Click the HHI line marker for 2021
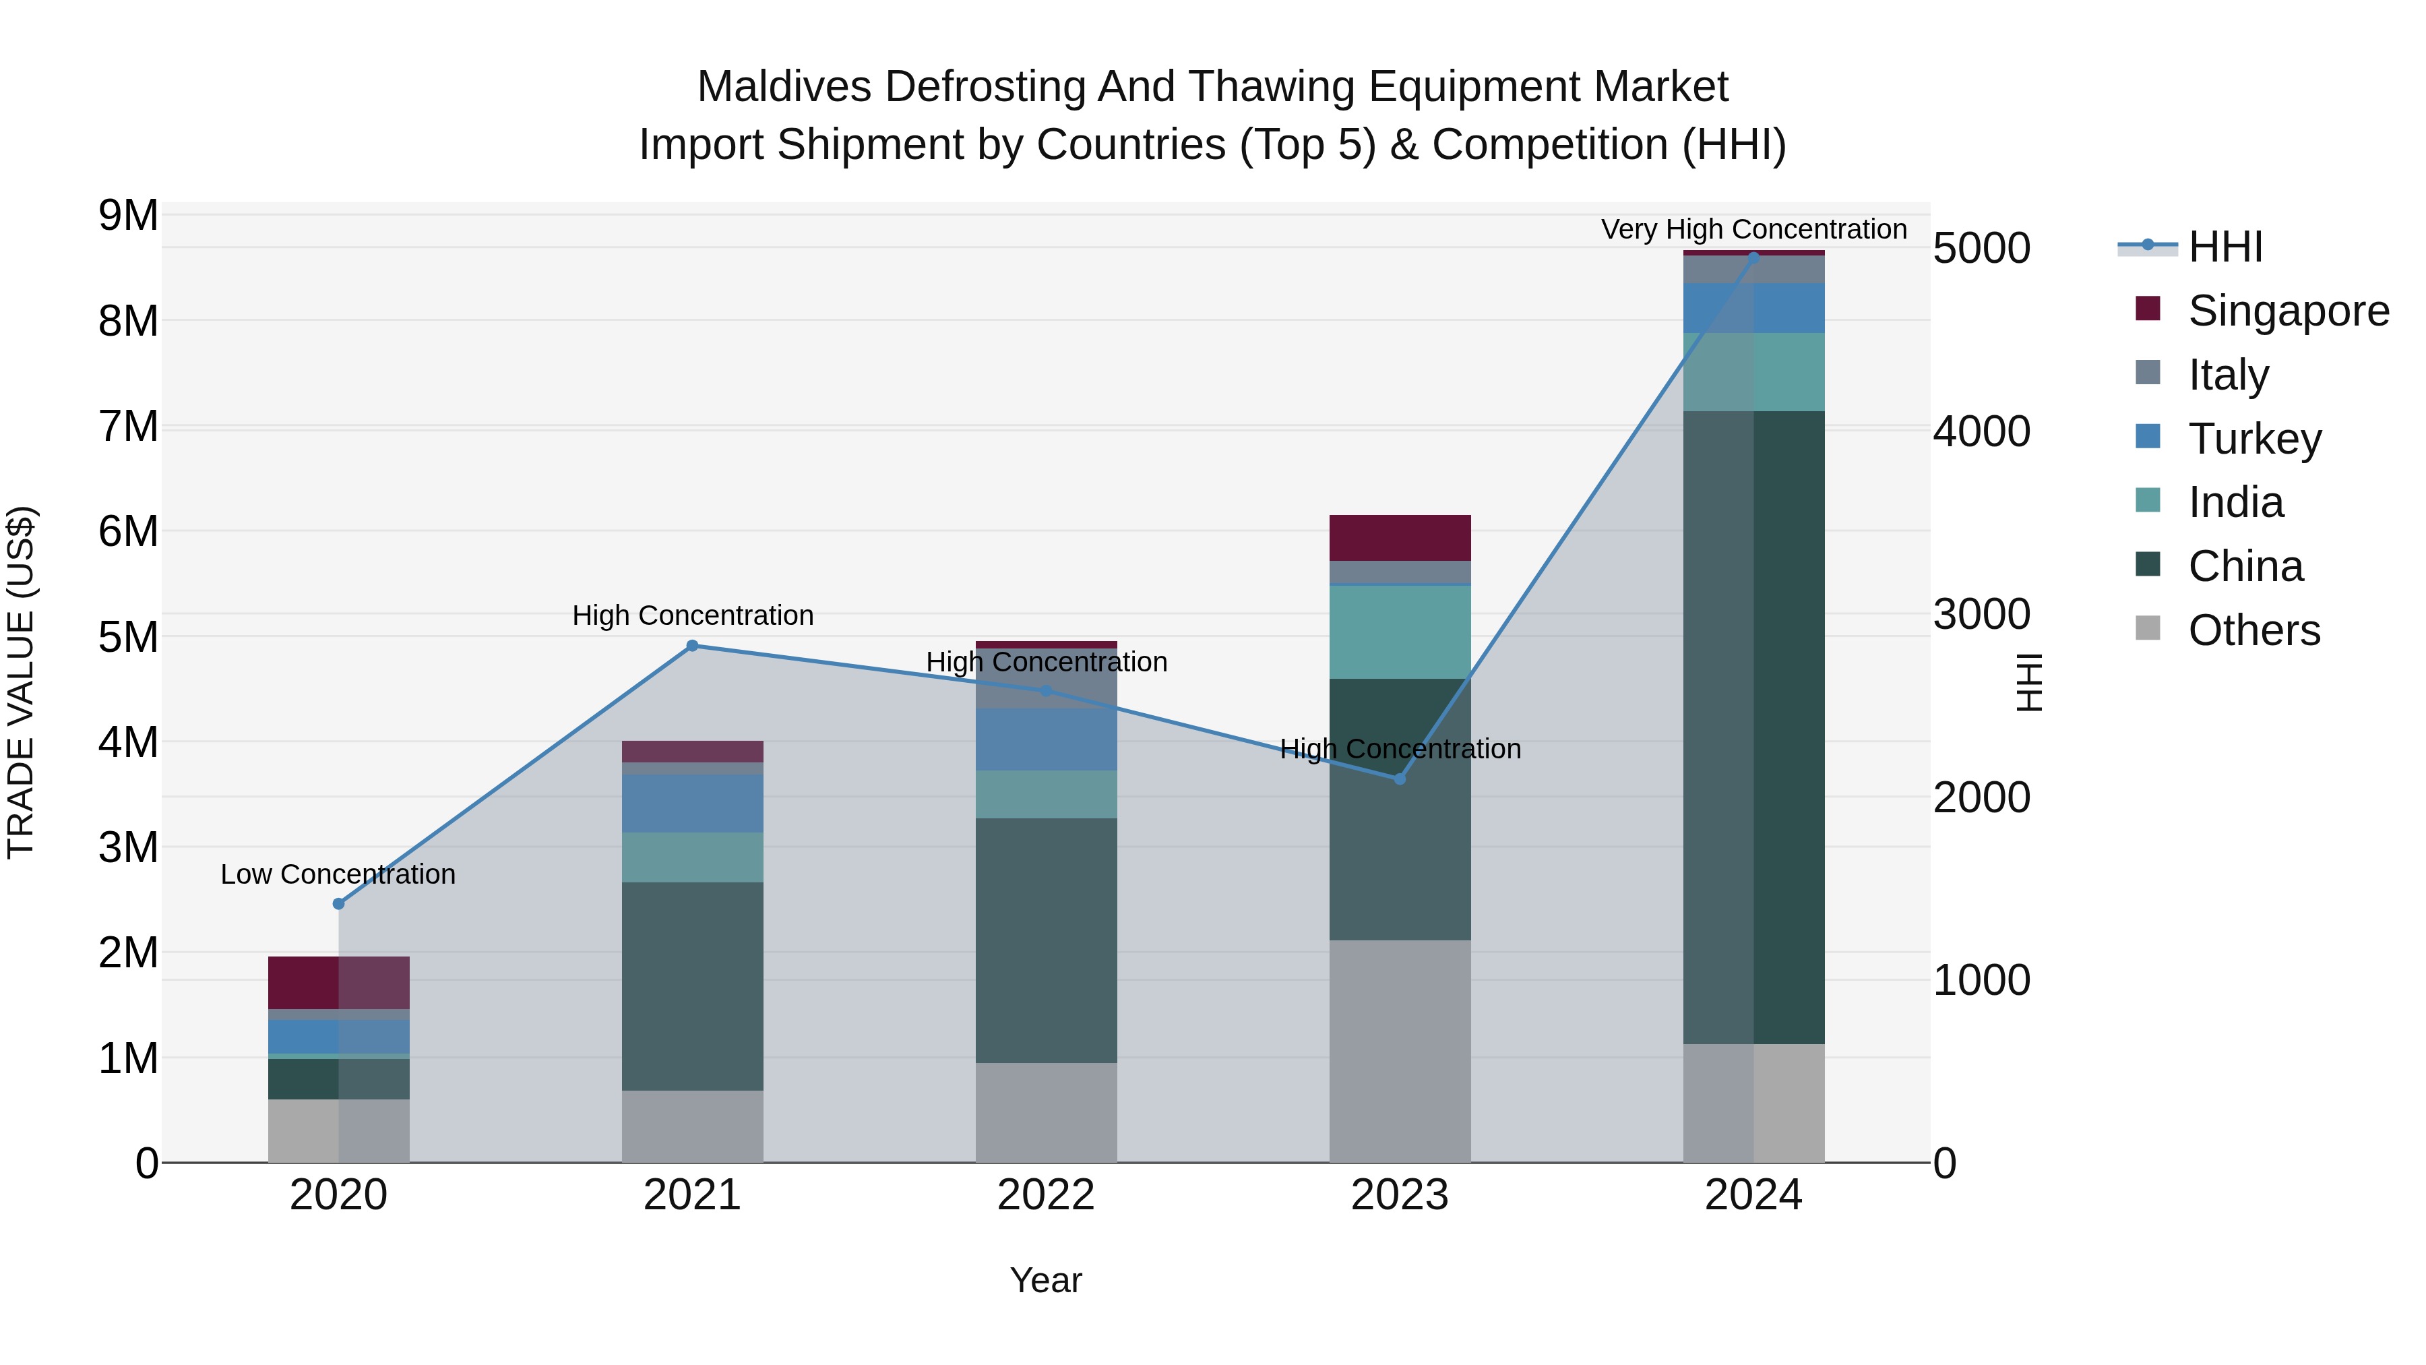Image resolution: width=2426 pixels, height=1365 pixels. tap(692, 645)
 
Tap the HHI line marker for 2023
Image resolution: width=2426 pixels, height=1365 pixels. tap(1400, 779)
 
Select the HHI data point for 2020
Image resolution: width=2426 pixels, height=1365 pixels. tap(339, 903)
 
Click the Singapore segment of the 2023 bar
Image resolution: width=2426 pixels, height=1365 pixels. tap(1400, 538)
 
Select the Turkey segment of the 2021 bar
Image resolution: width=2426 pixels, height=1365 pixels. tap(692, 803)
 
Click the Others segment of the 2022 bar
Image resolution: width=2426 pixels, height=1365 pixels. tap(1045, 1112)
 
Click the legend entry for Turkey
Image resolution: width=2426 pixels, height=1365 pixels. tap(2255, 439)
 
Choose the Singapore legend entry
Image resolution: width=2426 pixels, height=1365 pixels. tap(2288, 311)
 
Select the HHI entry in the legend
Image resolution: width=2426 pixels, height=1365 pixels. tap(2225, 247)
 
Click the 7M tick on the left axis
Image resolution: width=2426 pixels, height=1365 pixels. tap(128, 427)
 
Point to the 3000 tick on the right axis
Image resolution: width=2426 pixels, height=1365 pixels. tap(1981, 614)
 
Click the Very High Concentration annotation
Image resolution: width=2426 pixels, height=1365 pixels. tap(1753, 229)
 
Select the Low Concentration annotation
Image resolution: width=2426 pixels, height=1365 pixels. tap(338, 874)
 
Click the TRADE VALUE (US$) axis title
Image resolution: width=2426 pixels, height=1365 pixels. tap(21, 682)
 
